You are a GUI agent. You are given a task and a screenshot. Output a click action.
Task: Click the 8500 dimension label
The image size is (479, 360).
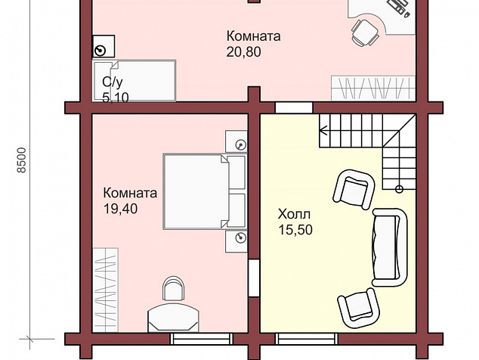tap(22, 160)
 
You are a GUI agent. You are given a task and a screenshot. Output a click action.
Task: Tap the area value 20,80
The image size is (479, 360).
tap(243, 51)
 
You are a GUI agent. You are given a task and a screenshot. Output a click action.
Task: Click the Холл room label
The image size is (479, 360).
tap(294, 214)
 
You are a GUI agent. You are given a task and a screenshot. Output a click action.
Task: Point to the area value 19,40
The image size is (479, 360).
tap(120, 209)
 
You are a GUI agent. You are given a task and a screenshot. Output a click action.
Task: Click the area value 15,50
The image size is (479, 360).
tap(295, 230)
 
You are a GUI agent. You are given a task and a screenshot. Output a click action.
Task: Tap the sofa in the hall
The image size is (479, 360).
tap(390, 247)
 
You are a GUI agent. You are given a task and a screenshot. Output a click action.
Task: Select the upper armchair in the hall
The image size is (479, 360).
tap(354, 190)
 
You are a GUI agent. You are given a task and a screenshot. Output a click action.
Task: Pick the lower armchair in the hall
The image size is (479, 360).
tap(358, 308)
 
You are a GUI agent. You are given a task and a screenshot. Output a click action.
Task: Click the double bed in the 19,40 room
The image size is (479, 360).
tap(205, 191)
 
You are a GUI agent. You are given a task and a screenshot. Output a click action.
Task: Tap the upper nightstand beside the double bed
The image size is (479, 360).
tap(236, 141)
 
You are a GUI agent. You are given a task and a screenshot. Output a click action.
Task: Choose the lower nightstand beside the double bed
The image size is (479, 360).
tap(236, 241)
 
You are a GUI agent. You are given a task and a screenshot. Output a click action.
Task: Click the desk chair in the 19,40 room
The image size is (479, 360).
tap(174, 288)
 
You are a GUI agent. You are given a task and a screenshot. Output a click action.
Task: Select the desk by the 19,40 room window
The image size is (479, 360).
tap(173, 318)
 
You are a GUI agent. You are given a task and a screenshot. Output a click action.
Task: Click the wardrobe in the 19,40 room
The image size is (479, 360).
tap(105, 290)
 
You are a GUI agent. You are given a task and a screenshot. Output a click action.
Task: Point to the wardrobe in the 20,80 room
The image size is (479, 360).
tap(373, 88)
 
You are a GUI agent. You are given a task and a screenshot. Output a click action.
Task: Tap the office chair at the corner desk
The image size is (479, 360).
tap(366, 33)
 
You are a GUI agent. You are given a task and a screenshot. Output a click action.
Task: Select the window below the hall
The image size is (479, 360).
tap(307, 339)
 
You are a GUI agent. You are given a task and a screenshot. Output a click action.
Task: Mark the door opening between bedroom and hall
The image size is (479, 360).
tap(254, 278)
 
